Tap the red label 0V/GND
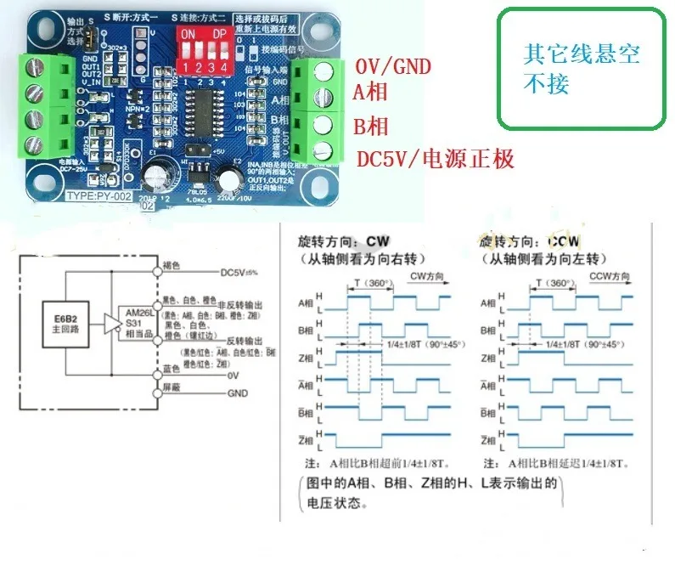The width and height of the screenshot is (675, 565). tap(392, 66)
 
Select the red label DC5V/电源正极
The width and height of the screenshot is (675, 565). tap(434, 159)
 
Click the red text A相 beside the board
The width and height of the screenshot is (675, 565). tap(370, 93)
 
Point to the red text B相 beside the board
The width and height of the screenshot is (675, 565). tap(370, 127)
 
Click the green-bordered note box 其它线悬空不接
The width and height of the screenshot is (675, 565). tap(581, 69)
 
